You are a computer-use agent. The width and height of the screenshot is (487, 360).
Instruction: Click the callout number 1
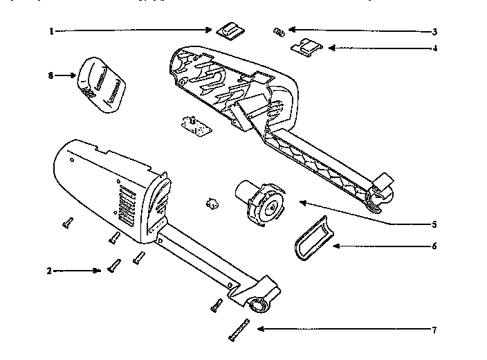(51, 31)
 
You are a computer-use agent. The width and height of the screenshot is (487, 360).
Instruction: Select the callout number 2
(49, 271)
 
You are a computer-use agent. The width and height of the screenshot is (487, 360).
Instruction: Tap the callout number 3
(434, 31)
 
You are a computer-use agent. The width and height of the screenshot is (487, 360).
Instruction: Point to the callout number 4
(434, 48)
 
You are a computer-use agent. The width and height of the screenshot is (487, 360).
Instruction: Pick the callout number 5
(434, 224)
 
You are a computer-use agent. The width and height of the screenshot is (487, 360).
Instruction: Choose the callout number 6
(434, 246)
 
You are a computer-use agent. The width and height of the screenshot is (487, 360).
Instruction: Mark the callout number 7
(434, 330)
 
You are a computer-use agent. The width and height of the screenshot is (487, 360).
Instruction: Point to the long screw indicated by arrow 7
(237, 330)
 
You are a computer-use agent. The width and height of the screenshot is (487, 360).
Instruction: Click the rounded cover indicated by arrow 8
(102, 84)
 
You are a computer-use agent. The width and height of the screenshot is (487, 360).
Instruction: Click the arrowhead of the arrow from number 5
(299, 201)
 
